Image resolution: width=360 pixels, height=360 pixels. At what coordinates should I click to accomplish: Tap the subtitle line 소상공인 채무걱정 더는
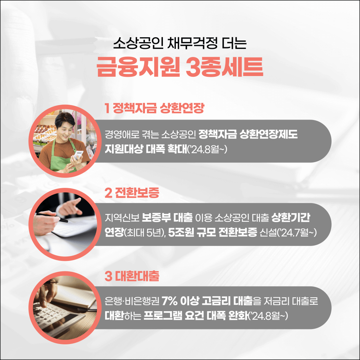[180, 44]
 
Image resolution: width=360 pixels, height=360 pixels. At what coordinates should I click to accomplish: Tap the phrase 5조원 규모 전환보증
[212, 233]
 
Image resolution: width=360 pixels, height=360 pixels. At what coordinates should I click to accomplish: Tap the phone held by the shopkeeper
[79, 155]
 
